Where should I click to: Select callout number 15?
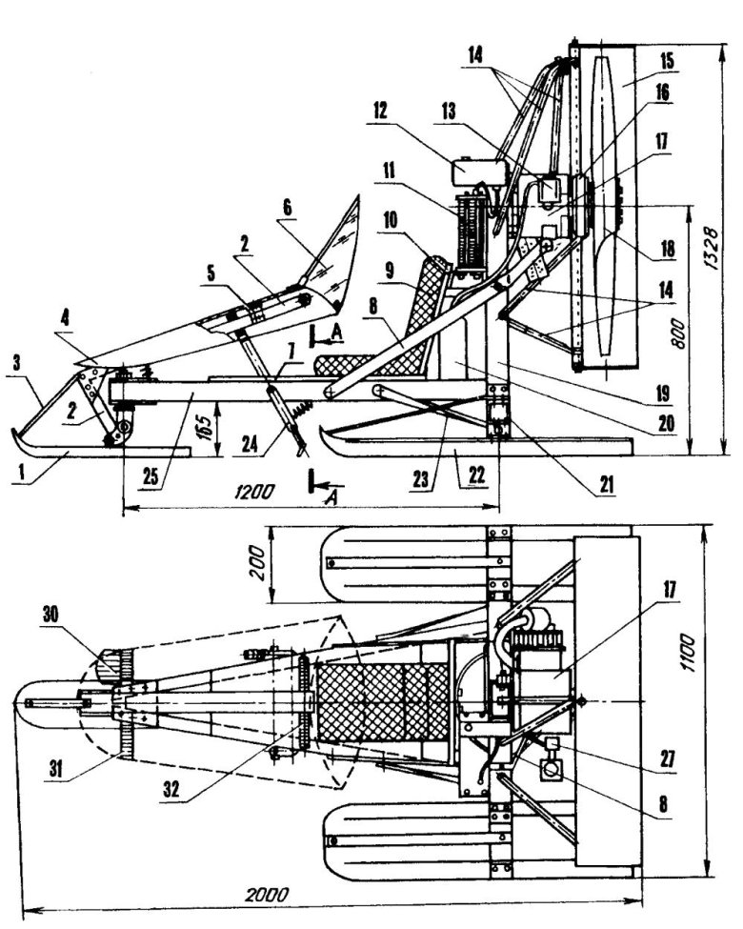666,60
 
